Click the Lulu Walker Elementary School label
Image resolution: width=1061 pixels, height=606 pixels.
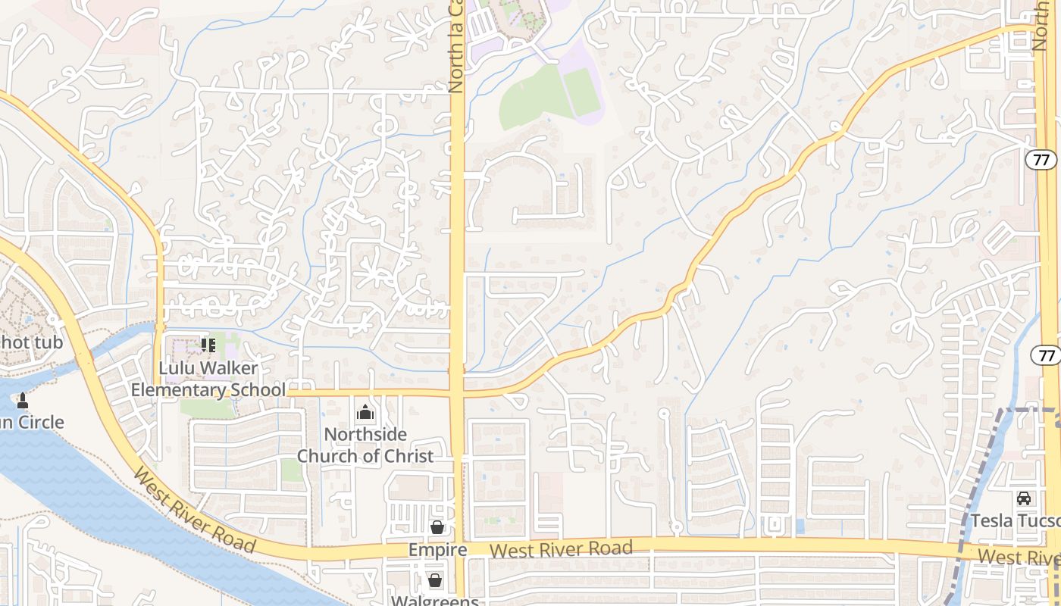coord(208,379)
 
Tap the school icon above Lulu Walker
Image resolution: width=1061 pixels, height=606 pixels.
coord(208,346)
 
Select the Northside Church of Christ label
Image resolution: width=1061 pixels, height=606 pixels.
coord(365,445)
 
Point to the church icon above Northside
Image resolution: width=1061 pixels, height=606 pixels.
coord(365,413)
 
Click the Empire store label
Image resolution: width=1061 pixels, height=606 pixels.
coord(437,550)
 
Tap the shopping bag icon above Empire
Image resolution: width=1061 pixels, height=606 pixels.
coord(437,527)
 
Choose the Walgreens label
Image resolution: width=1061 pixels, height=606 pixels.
coord(435,601)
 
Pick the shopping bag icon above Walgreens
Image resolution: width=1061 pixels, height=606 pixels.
coord(435,581)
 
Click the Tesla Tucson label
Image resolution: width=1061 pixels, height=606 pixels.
coord(1016,521)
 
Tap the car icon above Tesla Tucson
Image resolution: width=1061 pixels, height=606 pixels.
coord(1024,498)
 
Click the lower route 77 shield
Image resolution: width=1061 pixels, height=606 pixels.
coord(1046,355)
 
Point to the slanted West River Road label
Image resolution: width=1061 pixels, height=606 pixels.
coord(194,510)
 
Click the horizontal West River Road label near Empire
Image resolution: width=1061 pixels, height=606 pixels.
coord(561,549)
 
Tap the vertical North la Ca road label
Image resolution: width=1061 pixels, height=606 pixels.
coord(455,45)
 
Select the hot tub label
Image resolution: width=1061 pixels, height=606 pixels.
coord(30,342)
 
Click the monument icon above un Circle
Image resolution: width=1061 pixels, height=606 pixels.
coord(22,400)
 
